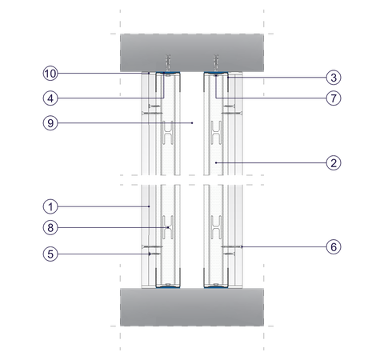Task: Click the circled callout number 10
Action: [50, 74]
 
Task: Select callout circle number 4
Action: [50, 98]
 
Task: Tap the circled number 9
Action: [50, 123]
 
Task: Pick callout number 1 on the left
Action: [50, 206]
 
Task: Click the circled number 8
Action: [50, 228]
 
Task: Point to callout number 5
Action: [50, 254]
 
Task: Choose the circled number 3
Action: [334, 78]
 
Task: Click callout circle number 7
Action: [334, 98]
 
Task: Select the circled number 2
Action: [334, 162]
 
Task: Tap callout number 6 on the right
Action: [334, 247]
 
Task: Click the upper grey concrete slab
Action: [192, 53]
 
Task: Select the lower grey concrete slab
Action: [192, 307]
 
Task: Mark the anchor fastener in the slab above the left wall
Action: [168, 63]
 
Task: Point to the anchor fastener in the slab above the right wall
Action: [216, 63]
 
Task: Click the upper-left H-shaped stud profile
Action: [168, 133]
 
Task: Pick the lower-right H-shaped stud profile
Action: [216, 227]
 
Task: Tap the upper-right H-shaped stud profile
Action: [216, 133]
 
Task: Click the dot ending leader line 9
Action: [192, 123]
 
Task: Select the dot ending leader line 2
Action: [216, 162]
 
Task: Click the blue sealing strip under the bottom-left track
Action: [168, 287]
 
